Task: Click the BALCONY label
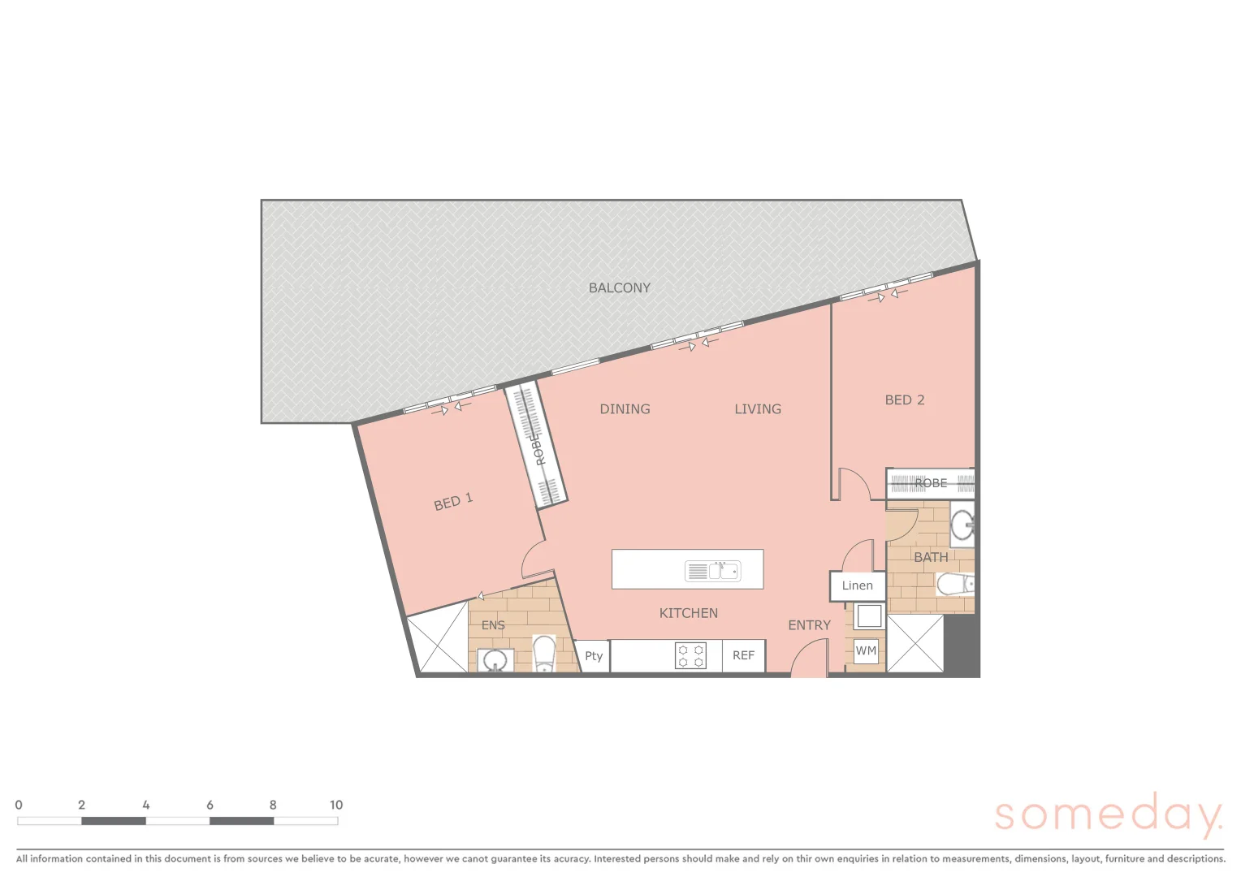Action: [x=619, y=287]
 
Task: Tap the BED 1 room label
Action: [x=453, y=503]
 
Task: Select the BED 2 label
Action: [x=904, y=400]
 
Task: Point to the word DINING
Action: [x=625, y=409]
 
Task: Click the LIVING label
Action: [x=757, y=409]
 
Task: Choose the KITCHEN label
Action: [x=688, y=613]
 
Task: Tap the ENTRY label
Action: [x=809, y=625]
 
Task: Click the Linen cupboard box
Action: [x=857, y=585]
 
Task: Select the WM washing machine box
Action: [x=866, y=650]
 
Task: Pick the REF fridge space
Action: [x=743, y=655]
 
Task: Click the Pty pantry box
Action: [x=594, y=656]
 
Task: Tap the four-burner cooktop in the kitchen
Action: [x=690, y=655]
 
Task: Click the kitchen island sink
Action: [x=724, y=571]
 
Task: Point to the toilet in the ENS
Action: [x=543, y=655]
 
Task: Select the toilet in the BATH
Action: [x=955, y=584]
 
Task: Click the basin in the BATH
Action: [x=962, y=525]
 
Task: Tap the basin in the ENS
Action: [x=495, y=660]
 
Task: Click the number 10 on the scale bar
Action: [x=336, y=805]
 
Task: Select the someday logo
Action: [x=1108, y=814]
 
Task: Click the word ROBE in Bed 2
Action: [x=931, y=483]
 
